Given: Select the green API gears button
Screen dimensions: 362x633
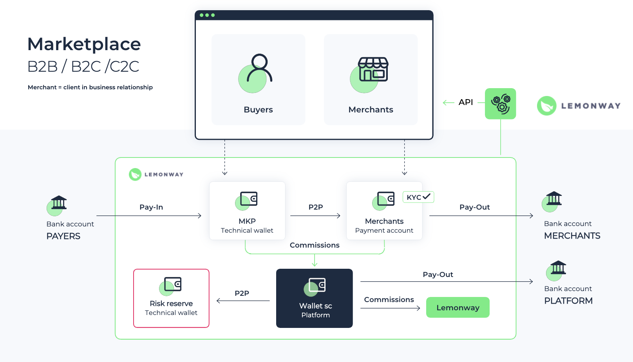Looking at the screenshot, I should [500, 104].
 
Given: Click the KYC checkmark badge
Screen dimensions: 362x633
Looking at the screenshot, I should [418, 197].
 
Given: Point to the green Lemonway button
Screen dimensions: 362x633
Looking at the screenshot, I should [458, 308].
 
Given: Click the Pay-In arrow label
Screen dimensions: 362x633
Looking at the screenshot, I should [151, 207].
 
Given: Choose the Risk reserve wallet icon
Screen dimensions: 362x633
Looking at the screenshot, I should [172, 285].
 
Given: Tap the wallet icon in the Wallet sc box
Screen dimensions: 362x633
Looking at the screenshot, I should [316, 286].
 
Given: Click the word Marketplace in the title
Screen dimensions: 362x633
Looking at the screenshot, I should [84, 44].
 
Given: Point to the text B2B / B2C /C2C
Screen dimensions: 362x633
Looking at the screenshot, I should [83, 67].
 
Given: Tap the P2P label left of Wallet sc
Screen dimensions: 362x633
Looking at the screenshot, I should [242, 293].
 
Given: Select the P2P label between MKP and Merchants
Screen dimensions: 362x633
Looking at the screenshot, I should [316, 207].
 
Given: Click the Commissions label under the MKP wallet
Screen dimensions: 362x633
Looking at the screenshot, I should [315, 245].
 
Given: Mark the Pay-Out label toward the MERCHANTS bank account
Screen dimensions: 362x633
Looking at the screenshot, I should [474, 207].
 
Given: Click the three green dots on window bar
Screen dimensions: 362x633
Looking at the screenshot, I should [207, 15].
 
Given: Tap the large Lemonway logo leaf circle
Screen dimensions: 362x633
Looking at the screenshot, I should [546, 106].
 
